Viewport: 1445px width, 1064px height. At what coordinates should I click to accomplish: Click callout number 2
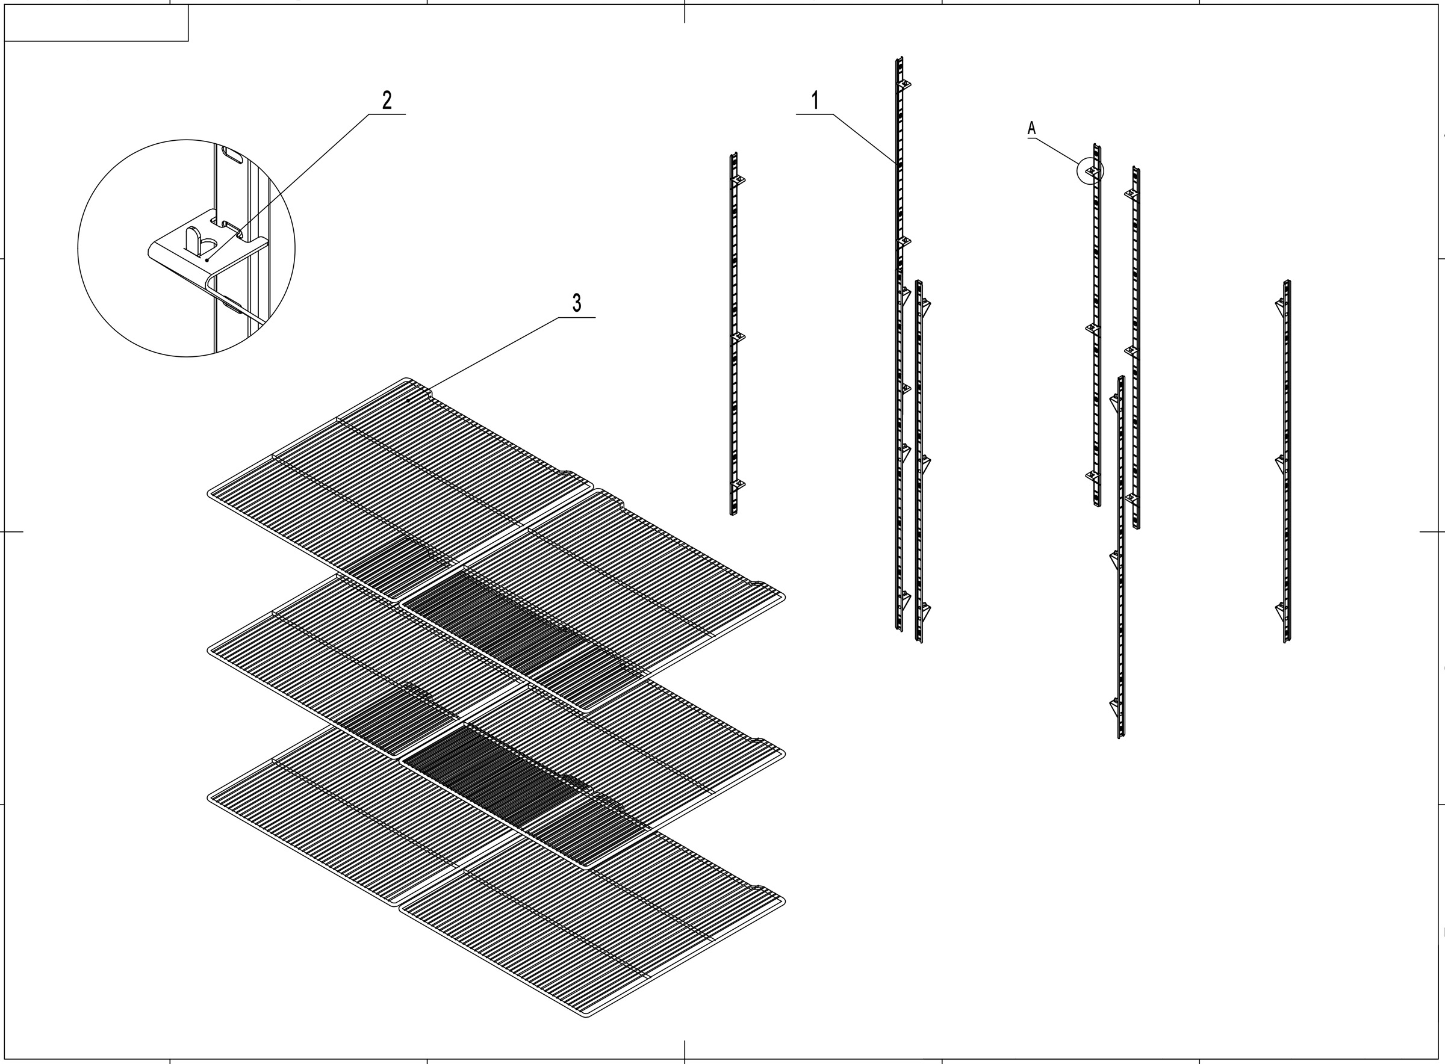pos(387,101)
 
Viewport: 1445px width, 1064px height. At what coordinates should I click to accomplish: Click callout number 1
pos(815,101)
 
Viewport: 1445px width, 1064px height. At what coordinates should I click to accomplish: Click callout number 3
pos(577,303)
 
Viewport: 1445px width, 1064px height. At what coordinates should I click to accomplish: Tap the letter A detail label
pos(1031,128)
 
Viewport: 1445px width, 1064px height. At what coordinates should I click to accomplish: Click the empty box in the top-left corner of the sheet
pos(96,22)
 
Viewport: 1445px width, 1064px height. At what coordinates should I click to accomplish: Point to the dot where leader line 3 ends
pos(408,401)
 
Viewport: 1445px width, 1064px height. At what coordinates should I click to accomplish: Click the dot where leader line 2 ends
pos(207,260)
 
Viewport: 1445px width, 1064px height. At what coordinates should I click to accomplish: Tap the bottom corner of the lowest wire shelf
pos(586,1015)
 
